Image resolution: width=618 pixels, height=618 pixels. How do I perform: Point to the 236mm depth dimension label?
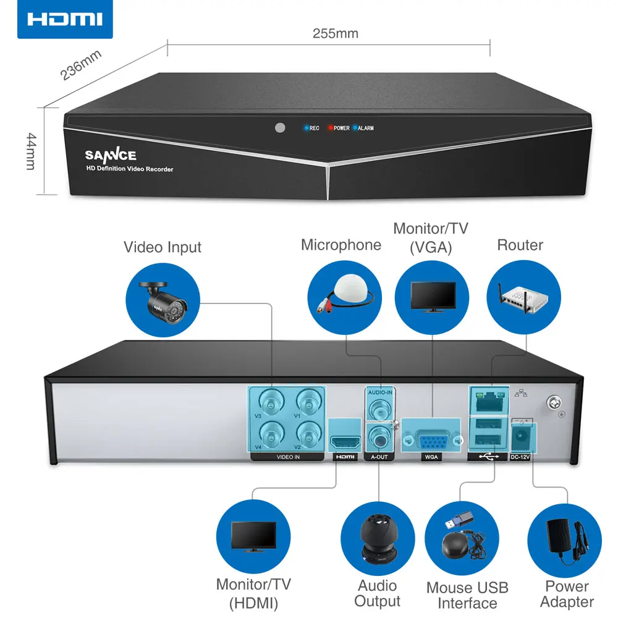pyautogui.click(x=81, y=65)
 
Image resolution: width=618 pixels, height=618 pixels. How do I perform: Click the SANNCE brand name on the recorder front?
pyautogui.click(x=111, y=155)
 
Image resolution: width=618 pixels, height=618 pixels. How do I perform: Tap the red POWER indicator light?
pyautogui.click(x=331, y=129)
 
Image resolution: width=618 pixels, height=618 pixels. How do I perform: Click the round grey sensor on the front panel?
pyautogui.click(x=280, y=128)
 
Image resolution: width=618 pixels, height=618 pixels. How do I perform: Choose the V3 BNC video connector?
pyautogui.click(x=270, y=405)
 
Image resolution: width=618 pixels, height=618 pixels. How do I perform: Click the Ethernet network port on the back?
pyautogui.click(x=489, y=401)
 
